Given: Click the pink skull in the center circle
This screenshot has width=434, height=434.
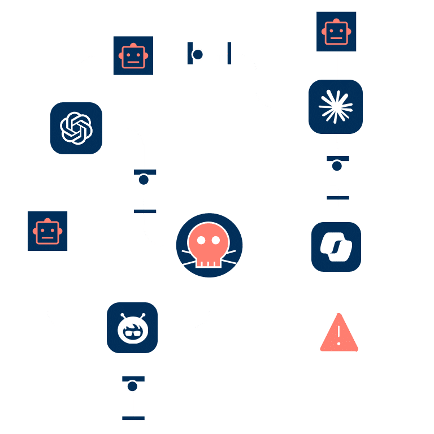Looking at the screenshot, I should (209, 245).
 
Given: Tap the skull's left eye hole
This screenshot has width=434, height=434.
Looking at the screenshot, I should (200, 240).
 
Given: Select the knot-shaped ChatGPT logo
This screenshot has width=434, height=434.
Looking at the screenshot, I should (76, 128).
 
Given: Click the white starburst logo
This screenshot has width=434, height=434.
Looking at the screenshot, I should (336, 106).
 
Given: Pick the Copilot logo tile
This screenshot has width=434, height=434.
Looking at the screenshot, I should (336, 246).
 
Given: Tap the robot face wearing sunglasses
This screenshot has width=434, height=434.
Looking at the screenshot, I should (132, 328).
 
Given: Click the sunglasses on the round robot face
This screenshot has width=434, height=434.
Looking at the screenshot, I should (132, 332).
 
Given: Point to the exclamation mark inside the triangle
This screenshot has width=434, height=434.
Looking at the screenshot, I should (338, 335).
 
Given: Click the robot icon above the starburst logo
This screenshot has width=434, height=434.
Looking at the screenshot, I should (336, 31).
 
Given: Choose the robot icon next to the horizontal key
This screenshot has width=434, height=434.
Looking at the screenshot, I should (133, 55).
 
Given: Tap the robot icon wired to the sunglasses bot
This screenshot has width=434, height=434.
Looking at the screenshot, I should (47, 231).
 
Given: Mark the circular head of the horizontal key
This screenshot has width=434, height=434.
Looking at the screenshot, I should (198, 54).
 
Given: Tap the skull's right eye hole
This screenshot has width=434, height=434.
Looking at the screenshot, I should (216, 240).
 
